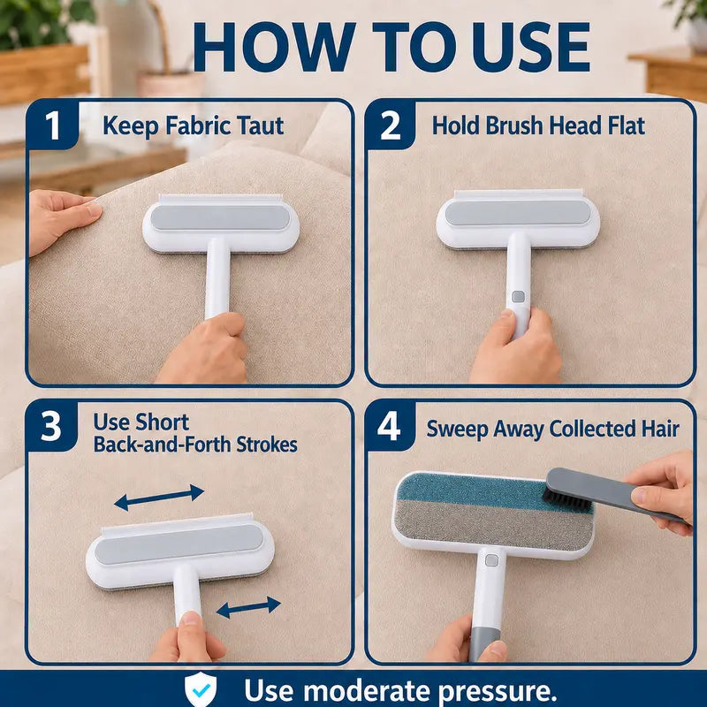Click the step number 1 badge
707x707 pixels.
(x=52, y=125)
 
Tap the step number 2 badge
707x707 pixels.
(x=390, y=125)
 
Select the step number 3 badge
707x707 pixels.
(x=50, y=426)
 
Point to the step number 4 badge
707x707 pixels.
(x=389, y=426)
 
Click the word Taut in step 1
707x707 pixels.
(x=261, y=125)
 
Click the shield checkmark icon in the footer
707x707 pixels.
(x=201, y=688)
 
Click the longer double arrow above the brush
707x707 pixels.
(x=159, y=498)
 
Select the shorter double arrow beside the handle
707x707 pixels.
(x=248, y=607)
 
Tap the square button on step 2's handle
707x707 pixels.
(x=519, y=296)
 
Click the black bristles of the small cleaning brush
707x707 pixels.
(x=566, y=499)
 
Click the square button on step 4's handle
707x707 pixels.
(x=491, y=560)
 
